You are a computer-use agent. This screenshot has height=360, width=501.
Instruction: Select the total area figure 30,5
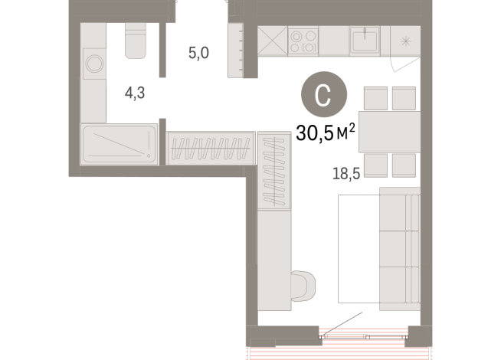coord(316,134)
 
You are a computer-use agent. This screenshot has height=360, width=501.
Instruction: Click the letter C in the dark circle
coord(323,96)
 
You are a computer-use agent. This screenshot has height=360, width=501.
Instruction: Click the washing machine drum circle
coord(94,64)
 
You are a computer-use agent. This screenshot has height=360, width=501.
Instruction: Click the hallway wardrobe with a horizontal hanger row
coord(209,147)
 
